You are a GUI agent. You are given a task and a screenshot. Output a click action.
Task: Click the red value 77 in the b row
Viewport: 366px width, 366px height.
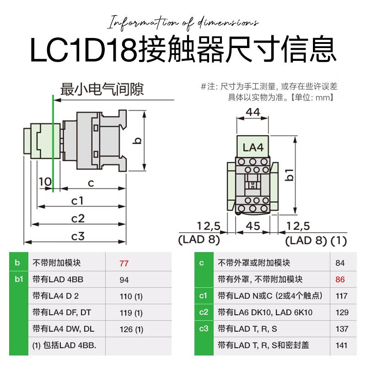(x=124, y=264)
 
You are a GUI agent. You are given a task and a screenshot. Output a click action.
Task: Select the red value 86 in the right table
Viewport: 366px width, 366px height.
(x=340, y=280)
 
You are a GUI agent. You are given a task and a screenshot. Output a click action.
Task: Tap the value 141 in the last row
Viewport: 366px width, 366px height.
(x=341, y=345)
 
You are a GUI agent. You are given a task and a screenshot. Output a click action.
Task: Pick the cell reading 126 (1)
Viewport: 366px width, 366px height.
(x=131, y=329)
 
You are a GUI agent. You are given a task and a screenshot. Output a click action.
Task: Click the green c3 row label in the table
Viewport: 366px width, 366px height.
(x=204, y=328)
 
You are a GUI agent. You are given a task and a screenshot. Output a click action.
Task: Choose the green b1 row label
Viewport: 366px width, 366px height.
(x=19, y=279)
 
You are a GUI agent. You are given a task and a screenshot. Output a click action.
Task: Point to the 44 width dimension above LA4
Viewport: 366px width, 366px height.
(x=253, y=112)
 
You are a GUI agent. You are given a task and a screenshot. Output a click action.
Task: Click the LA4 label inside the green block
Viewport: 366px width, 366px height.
(x=253, y=147)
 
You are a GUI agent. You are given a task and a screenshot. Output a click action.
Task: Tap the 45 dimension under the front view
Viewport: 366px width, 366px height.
(x=253, y=226)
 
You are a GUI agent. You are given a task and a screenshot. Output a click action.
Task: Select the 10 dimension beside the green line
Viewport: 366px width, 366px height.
(x=45, y=182)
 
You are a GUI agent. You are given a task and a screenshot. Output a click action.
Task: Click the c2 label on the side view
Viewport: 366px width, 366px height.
(x=78, y=219)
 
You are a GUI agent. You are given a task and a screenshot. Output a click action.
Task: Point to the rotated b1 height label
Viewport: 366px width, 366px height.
(x=290, y=175)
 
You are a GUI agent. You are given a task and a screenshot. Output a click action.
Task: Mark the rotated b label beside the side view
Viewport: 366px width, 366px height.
(x=138, y=140)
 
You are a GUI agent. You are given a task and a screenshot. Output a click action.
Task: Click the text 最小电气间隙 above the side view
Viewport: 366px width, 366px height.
(x=102, y=89)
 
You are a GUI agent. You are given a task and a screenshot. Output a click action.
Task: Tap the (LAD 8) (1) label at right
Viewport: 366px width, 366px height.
(x=316, y=241)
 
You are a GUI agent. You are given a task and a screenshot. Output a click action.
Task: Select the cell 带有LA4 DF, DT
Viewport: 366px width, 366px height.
(x=62, y=312)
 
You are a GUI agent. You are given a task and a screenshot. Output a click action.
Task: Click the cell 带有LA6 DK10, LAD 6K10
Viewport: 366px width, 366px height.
(x=265, y=312)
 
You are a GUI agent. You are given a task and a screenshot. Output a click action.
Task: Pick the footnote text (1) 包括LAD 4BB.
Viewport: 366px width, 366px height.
(x=64, y=345)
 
